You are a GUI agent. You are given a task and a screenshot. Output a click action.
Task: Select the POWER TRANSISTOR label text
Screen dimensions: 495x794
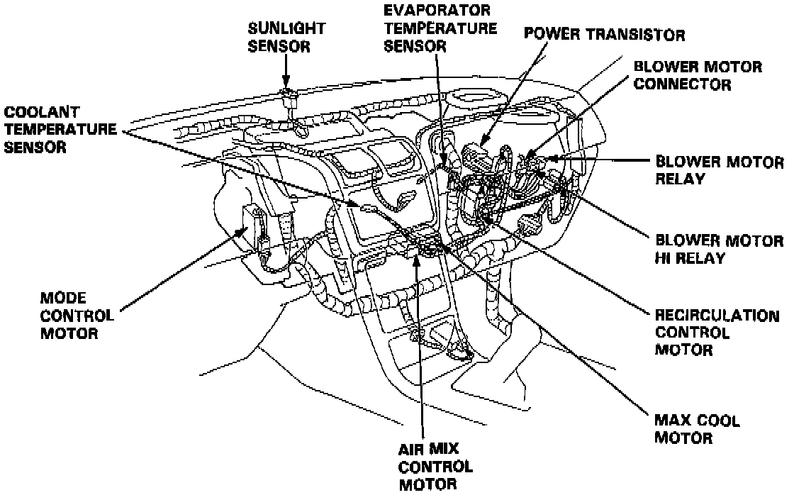[605, 35]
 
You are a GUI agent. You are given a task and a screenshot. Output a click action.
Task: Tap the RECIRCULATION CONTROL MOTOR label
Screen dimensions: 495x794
[716, 333]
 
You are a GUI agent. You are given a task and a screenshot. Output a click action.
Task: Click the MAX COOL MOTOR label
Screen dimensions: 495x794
[697, 429]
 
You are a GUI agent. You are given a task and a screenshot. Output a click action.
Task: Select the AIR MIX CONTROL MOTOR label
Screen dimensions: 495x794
[435, 466]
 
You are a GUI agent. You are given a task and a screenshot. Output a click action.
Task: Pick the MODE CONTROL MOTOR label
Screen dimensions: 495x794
[78, 314]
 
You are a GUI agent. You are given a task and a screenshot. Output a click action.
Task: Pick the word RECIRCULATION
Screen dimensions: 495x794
[716, 316]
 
